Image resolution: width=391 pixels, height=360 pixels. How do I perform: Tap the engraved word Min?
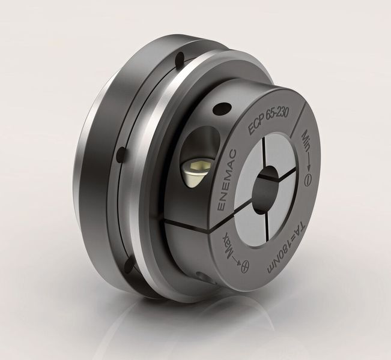tap(306, 142)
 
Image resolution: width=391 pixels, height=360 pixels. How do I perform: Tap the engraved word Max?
tap(228, 245)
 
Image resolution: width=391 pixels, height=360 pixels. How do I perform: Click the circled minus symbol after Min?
tap(309, 179)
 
